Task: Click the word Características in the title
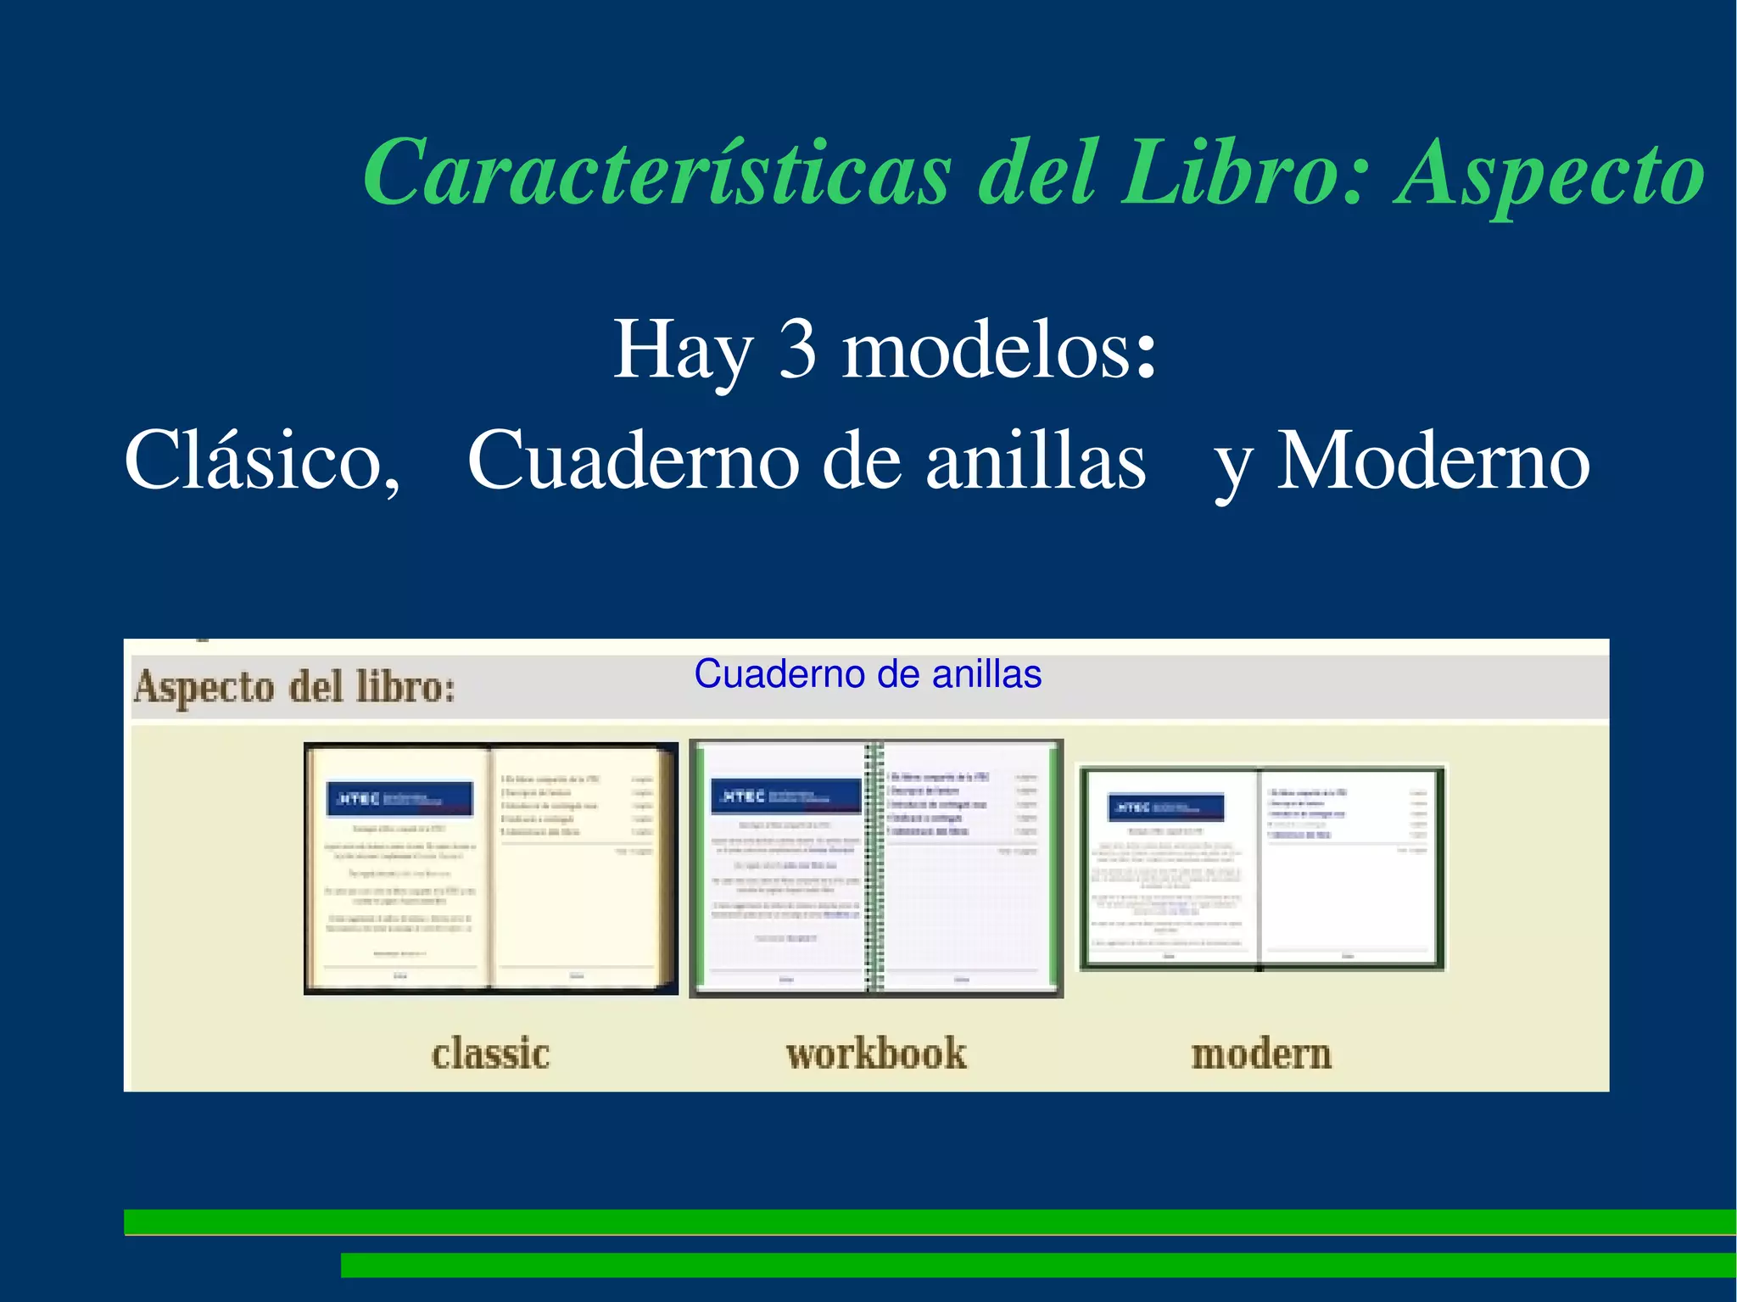tap(657, 174)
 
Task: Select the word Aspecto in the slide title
tap(1549, 176)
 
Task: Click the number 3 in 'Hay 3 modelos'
tap(797, 349)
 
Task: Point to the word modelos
tap(999, 349)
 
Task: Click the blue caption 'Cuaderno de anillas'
tap(868, 674)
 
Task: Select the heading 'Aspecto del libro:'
tap(294, 687)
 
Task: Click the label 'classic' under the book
tap(490, 1054)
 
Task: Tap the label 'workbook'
tap(876, 1054)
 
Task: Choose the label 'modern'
tap(1261, 1054)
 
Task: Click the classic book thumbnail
tap(490, 868)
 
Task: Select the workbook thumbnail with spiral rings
tap(876, 868)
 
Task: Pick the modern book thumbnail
tap(1261, 868)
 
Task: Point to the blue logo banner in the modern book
tap(1167, 807)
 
